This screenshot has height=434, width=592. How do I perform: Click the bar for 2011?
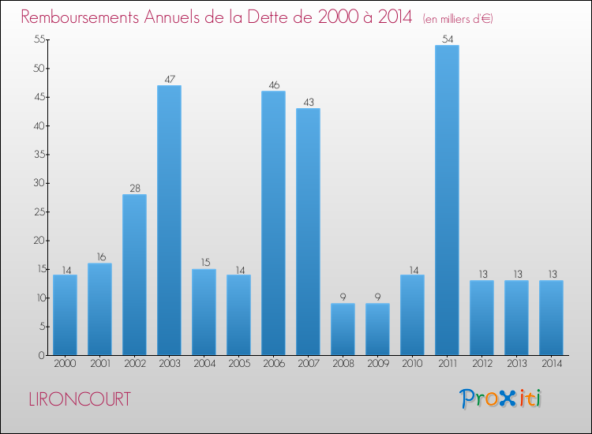pyautogui.click(x=447, y=200)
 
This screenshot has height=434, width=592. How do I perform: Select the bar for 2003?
pyautogui.click(x=169, y=220)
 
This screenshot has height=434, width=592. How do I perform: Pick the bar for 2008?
pyautogui.click(x=343, y=329)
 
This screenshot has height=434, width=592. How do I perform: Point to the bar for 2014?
pyautogui.click(x=551, y=318)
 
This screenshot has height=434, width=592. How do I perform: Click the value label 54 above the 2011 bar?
pyautogui.click(x=447, y=39)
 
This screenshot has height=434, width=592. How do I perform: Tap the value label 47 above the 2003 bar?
pyautogui.click(x=169, y=79)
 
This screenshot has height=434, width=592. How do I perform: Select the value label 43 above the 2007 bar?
pyautogui.click(x=308, y=102)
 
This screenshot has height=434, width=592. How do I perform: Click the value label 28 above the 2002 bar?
pyautogui.click(x=134, y=188)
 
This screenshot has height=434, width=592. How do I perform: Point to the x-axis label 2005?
pyautogui.click(x=238, y=365)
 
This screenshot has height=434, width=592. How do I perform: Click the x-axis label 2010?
pyautogui.click(x=412, y=365)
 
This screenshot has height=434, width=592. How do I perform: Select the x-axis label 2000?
pyautogui.click(x=65, y=365)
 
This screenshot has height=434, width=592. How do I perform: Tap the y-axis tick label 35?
pyautogui.click(x=36, y=155)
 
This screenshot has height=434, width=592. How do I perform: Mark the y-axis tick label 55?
pyautogui.click(x=36, y=39)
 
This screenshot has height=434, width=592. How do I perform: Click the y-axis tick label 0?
pyautogui.click(x=39, y=355)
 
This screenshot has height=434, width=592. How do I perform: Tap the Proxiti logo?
pyautogui.click(x=501, y=398)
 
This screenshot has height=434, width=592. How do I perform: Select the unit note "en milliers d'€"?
pyautogui.click(x=458, y=19)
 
